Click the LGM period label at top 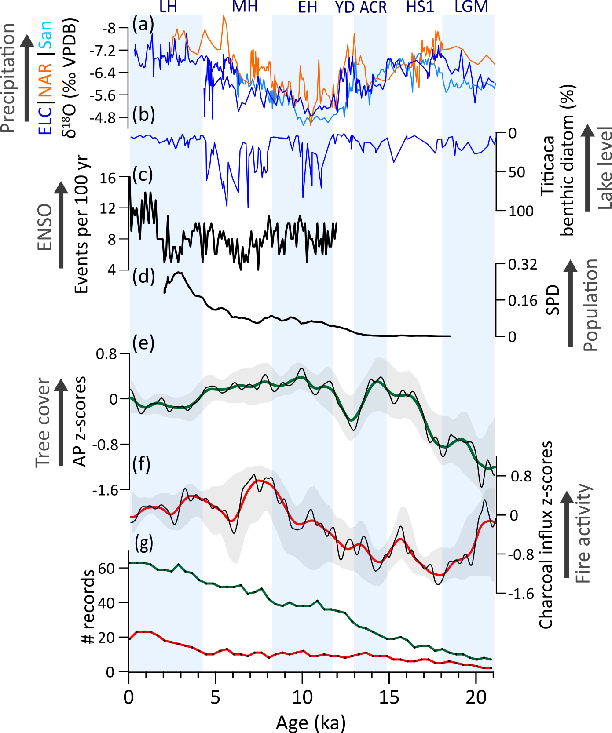pyautogui.click(x=471, y=7)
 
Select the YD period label pyautogui.click(x=345, y=7)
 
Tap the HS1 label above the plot pyautogui.click(x=420, y=7)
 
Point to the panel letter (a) pyautogui.click(x=143, y=24)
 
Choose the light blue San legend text pyautogui.click(x=45, y=35)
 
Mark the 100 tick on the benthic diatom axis pyautogui.click(x=521, y=211)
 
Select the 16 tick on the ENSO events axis pyautogui.click(x=107, y=178)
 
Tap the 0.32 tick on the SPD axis pyautogui.click(x=523, y=265)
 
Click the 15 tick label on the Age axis pyautogui.click(x=389, y=697)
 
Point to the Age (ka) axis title pyautogui.click(x=311, y=722)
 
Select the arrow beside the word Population pyautogui.click(x=571, y=303)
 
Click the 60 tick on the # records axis pyautogui.click(x=106, y=568)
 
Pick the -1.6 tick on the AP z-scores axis pyautogui.click(x=105, y=490)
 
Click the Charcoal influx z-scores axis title pyautogui.click(x=546, y=534)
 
